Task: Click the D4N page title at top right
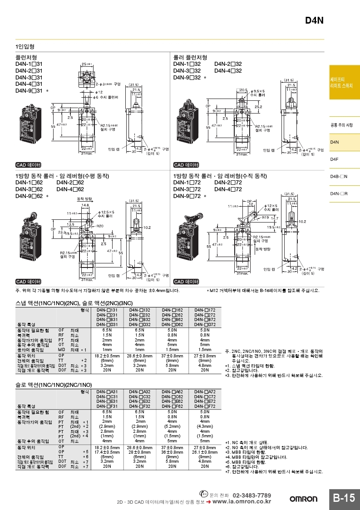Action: pos(314,20)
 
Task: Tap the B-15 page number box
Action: pos(344,498)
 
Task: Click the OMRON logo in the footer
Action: pos(304,499)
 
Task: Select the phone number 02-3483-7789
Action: pos(252,495)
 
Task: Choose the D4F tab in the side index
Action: pos(335,159)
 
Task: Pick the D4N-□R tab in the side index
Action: pos(339,193)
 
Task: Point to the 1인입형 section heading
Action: pos(25,46)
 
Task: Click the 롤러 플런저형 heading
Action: pos(190,58)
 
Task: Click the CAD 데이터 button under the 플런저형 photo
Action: pos(28,165)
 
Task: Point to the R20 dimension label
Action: pos(99,226)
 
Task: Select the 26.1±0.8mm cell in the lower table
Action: pos(205,452)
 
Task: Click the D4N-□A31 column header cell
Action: pos(107,391)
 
